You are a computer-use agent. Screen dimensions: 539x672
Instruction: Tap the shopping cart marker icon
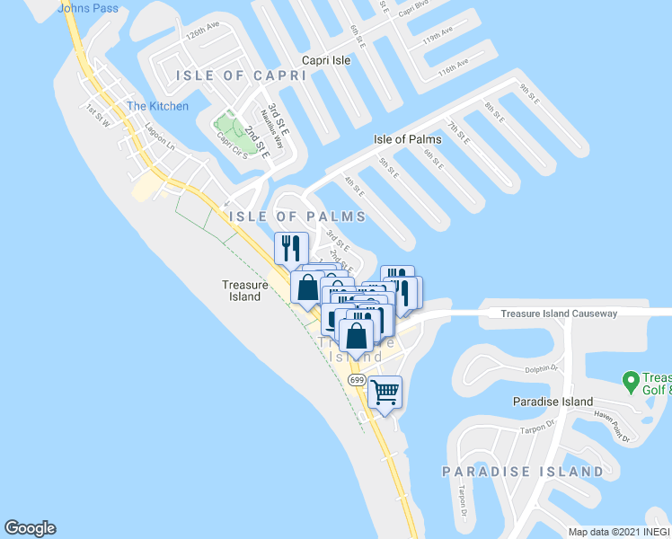point(385,392)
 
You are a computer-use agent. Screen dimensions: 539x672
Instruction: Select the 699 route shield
point(357,381)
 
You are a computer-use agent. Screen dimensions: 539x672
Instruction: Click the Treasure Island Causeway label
point(559,314)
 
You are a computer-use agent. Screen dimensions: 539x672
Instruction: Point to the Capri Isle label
point(325,60)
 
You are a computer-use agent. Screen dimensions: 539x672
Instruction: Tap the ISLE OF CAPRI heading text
point(242,76)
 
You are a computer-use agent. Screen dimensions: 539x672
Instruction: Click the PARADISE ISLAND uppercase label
point(524,472)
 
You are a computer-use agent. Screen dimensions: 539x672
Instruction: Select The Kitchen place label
point(158,106)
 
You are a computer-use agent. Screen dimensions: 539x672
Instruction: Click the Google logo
point(30,528)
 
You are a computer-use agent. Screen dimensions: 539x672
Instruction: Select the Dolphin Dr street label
point(542,368)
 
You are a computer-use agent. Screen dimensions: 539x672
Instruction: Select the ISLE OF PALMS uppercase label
point(297,216)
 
